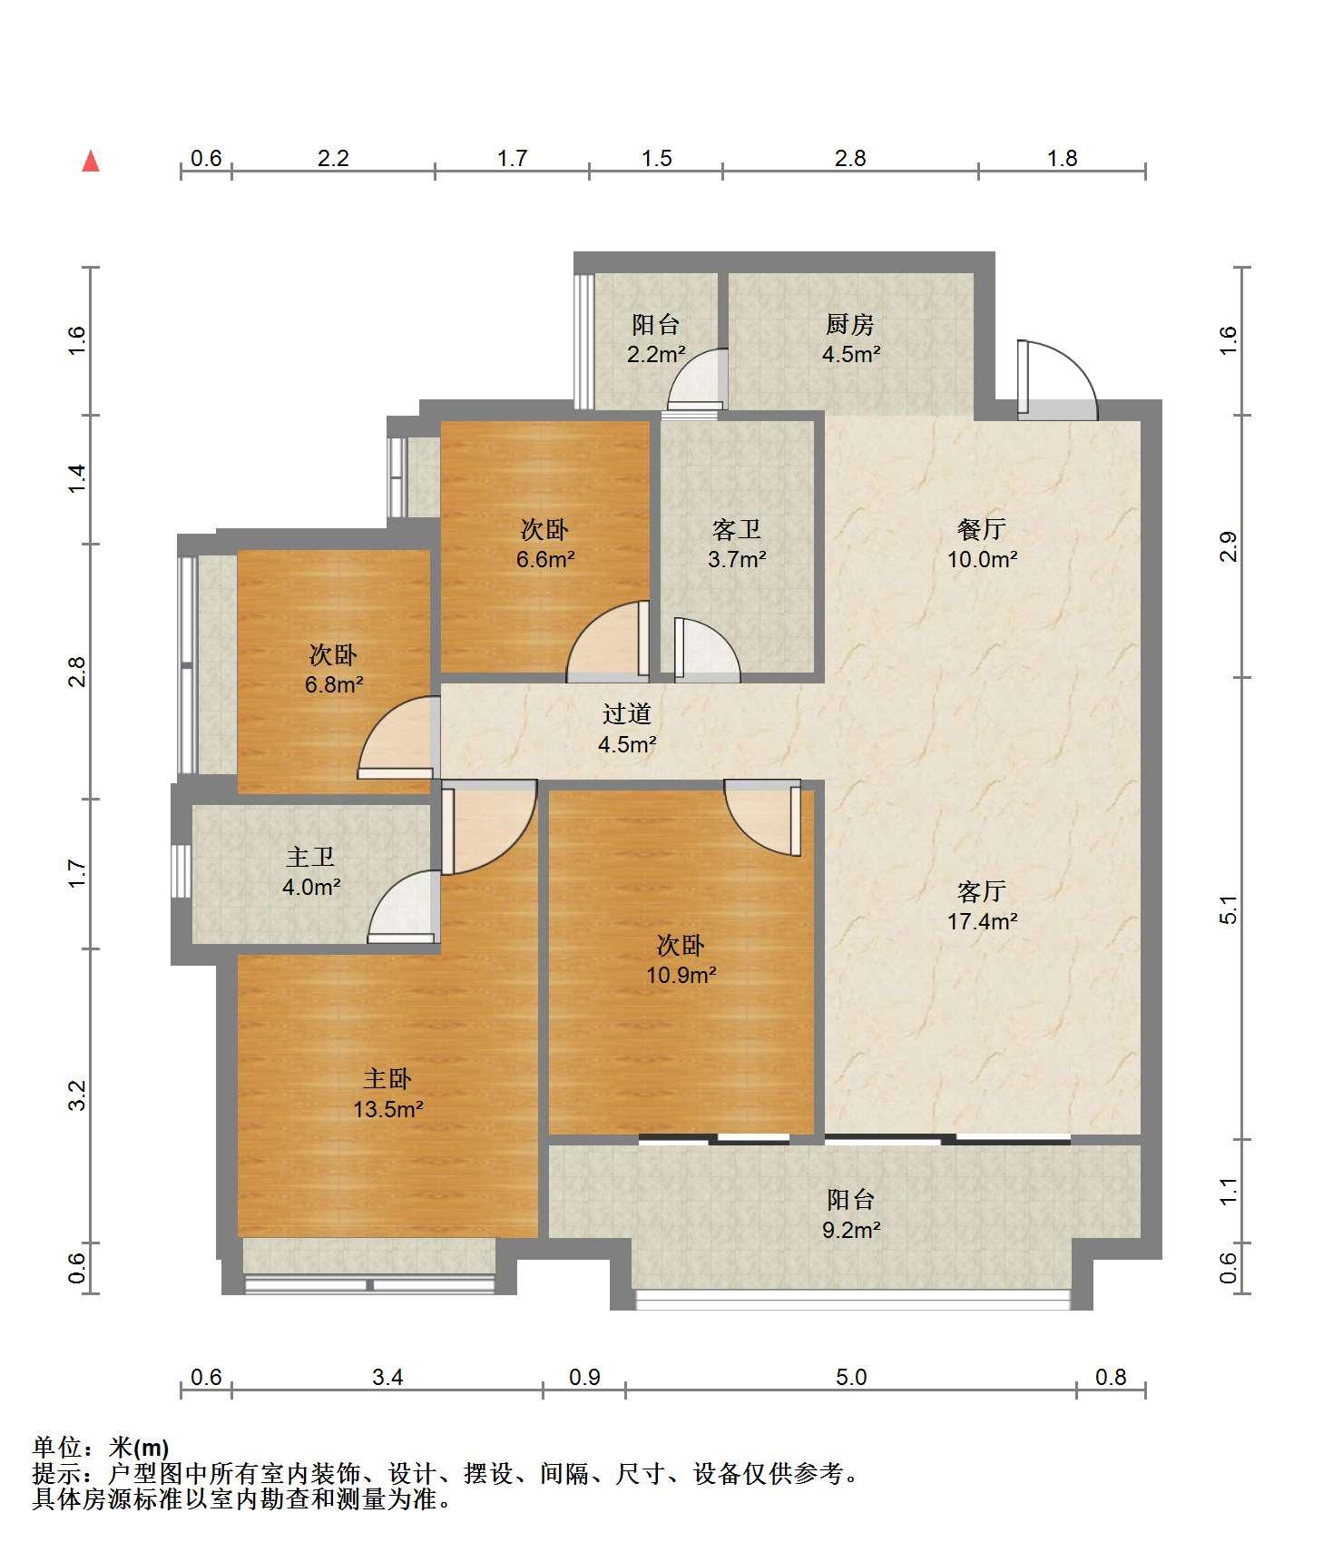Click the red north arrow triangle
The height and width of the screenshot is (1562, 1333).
coord(91,162)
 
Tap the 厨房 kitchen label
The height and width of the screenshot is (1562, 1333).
coord(850,324)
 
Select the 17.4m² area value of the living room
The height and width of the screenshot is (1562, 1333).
coord(982,921)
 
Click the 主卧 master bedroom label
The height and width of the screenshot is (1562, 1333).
coord(387,1079)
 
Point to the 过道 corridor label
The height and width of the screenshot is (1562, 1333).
coord(627,714)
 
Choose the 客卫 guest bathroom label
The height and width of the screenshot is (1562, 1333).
coord(737,529)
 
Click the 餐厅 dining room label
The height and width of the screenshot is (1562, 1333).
coord(982,529)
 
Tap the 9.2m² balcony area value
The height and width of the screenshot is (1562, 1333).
coord(851,1230)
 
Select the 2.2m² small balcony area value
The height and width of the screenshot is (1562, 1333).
coord(656,354)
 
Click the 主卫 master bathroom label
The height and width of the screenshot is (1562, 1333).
coord(310,857)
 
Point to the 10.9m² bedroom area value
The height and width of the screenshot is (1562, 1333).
coord(681,976)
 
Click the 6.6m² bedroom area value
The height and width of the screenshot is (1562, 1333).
coord(545,559)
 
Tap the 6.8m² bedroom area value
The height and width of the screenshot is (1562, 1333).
coord(334,684)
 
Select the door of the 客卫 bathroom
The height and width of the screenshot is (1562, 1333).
coord(706,650)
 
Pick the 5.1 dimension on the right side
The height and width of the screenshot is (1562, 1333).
coord(1229,909)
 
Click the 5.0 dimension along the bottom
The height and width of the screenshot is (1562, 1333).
coord(851,1377)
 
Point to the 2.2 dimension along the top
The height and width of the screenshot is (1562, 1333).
coord(333,159)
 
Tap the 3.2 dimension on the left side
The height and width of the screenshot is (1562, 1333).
coord(78,1095)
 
